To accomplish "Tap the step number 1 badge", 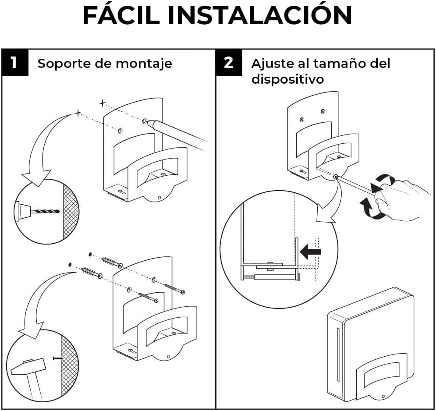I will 14,63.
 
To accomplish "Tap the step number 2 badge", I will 229,63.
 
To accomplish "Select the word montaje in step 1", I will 144,64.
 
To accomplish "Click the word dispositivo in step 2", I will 287,79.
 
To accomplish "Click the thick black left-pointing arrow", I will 310,251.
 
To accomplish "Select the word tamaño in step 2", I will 338,64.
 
